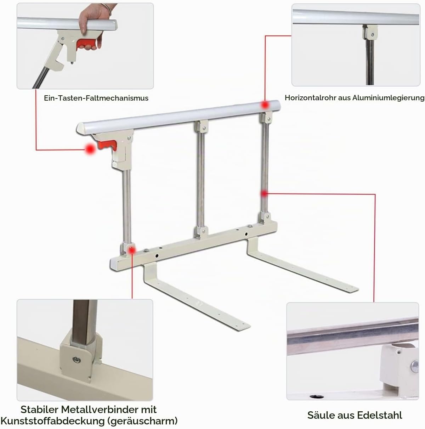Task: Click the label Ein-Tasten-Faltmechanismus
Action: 96,98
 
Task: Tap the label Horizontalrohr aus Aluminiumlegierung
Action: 355,98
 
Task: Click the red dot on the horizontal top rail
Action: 265,105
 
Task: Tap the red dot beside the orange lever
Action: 90,149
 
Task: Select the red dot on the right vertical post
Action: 264,194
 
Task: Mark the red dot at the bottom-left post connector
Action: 132,250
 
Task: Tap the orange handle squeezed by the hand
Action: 86,44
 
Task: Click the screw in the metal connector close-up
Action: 76,359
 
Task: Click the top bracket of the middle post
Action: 202,126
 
